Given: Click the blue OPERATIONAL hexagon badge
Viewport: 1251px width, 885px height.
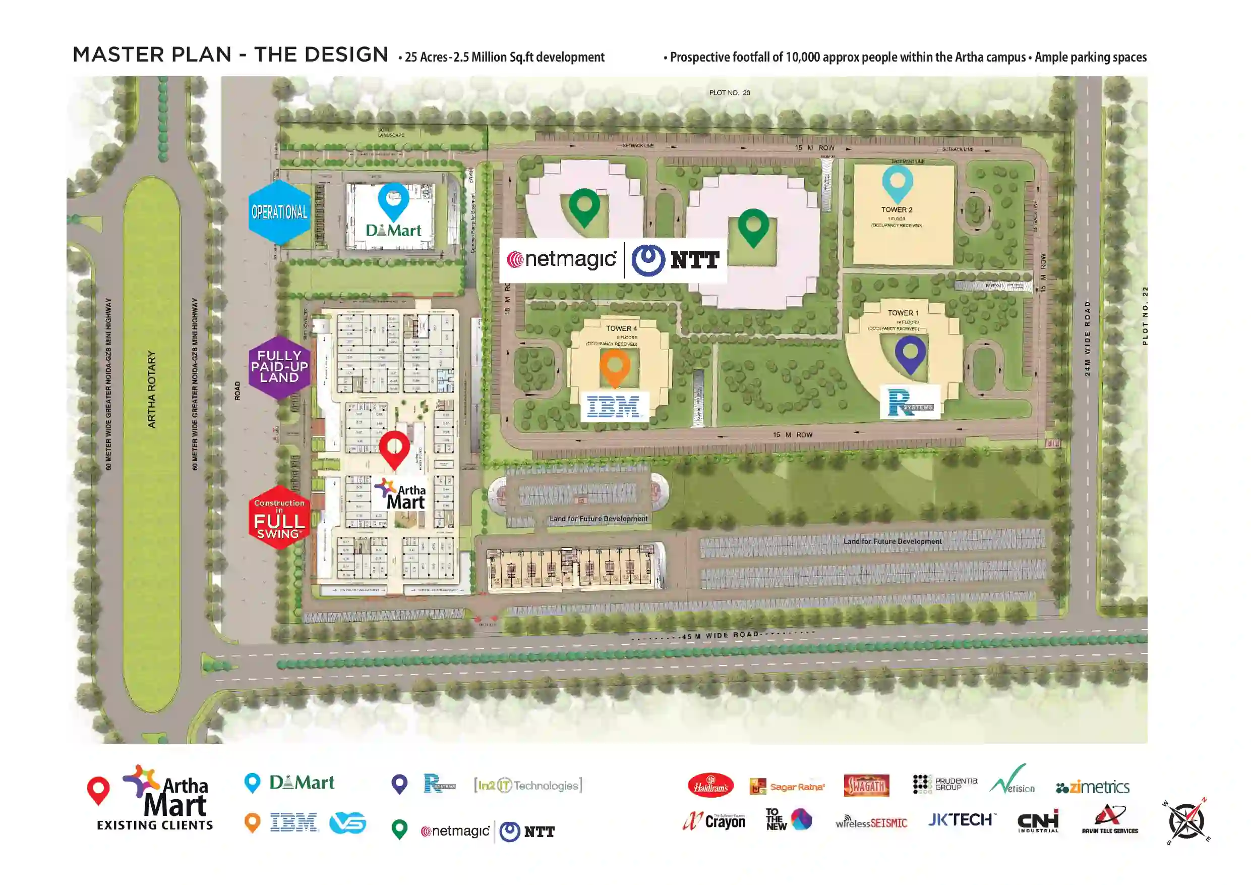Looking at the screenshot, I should click(x=279, y=212).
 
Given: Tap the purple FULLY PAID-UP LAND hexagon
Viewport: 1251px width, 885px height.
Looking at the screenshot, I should click(x=279, y=367).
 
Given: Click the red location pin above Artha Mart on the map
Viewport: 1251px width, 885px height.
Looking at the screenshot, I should click(x=394, y=449).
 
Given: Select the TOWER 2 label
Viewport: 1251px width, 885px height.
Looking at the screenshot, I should click(x=897, y=210).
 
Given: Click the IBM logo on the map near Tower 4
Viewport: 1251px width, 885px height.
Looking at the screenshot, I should click(x=614, y=407).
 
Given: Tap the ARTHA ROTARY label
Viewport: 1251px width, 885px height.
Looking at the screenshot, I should click(x=152, y=390).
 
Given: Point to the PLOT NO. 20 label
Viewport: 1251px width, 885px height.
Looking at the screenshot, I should click(x=730, y=93).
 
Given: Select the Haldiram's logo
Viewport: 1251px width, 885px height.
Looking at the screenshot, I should click(x=711, y=786).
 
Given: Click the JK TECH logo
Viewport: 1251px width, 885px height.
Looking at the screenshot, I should click(x=962, y=820).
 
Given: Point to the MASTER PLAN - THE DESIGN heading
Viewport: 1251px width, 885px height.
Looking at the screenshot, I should click(x=230, y=55).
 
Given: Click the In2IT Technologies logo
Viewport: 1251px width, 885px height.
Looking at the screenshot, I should click(x=528, y=785).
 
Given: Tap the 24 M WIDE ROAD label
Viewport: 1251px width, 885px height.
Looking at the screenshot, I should click(x=1088, y=338).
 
